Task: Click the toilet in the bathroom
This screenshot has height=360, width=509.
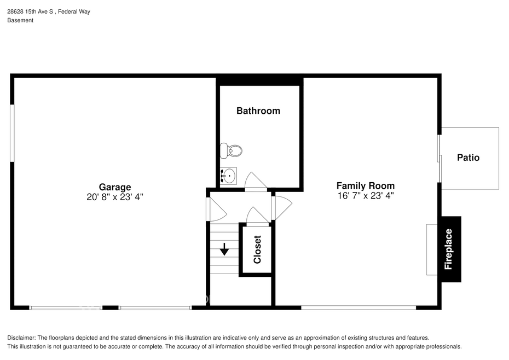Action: [x=231, y=150]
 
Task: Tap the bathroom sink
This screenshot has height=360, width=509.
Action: [x=228, y=176]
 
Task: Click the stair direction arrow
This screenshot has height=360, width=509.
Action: [x=224, y=249]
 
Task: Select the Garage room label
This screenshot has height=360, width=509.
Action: [x=115, y=187]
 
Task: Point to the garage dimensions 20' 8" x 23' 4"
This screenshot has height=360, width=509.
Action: [x=115, y=197]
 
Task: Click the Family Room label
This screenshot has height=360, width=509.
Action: [x=366, y=185]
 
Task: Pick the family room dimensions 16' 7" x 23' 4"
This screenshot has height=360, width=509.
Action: [x=366, y=196]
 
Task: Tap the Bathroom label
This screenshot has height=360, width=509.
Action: [x=258, y=111]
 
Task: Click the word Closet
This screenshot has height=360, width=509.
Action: [x=257, y=249]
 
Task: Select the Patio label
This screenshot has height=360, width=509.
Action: [x=468, y=158]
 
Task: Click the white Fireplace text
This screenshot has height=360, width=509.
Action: [x=448, y=249]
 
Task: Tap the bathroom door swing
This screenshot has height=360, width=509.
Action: [x=256, y=181]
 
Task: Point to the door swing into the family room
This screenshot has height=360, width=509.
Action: [x=282, y=208]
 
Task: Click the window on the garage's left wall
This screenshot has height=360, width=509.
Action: [x=13, y=133]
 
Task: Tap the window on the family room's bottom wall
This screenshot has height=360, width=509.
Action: [x=358, y=307]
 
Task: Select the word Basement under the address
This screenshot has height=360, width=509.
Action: [x=20, y=20]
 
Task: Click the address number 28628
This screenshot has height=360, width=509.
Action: [x=15, y=11]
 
